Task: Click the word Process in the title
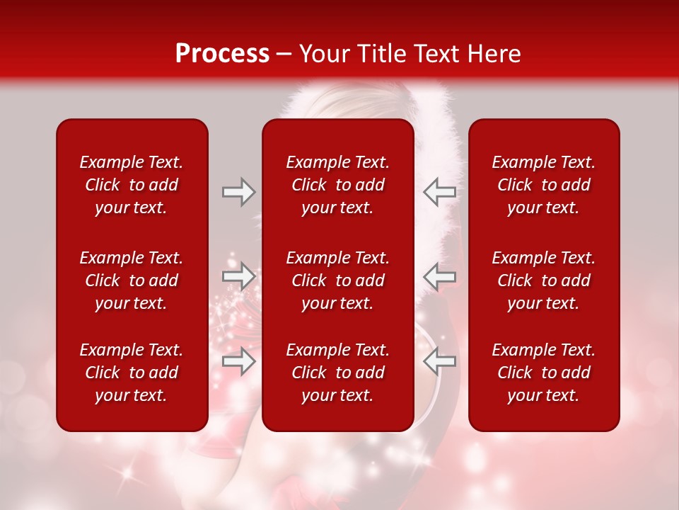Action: [x=222, y=54]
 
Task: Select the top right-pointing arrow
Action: [x=238, y=192]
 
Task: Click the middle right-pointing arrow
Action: [x=238, y=276]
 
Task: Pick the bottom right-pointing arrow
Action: [x=238, y=361]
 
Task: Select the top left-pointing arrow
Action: [x=439, y=192]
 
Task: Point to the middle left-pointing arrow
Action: [x=439, y=276]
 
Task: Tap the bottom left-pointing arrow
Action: [x=439, y=361]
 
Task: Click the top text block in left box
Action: [x=132, y=185]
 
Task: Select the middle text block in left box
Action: [x=132, y=280]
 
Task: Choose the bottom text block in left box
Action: [x=132, y=373]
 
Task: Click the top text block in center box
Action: [x=337, y=185]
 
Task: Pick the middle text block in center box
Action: [x=337, y=280]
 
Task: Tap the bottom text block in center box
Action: [x=337, y=373]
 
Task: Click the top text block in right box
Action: [x=543, y=185]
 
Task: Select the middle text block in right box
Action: [x=543, y=280]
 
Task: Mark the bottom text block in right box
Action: [x=543, y=373]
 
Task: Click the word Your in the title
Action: [x=323, y=54]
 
